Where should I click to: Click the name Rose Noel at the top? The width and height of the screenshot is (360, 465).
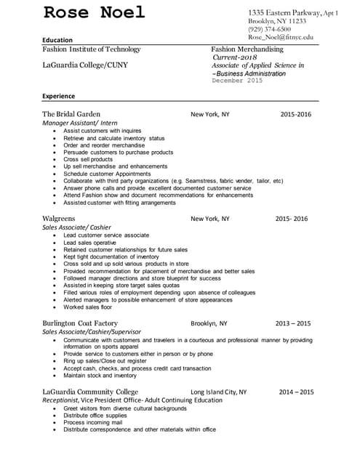click(95, 13)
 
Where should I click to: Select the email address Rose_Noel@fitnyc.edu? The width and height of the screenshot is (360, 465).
click(281, 37)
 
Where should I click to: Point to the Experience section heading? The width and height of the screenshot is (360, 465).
click(59, 96)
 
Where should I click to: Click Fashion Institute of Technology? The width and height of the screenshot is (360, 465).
click(92, 49)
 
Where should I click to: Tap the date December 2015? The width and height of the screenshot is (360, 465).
click(237, 81)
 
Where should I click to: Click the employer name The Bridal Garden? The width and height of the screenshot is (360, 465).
click(71, 114)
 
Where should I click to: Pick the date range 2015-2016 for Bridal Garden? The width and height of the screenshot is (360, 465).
click(296, 114)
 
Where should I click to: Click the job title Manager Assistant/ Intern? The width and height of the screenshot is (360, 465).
click(80, 124)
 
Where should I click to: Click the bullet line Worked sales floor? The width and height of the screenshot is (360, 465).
click(88, 307)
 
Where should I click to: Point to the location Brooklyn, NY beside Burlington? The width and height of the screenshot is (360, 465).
click(209, 323)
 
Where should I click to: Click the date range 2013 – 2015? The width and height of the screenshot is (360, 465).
click(295, 323)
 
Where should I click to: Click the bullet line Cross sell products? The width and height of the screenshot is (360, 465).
click(88, 159)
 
